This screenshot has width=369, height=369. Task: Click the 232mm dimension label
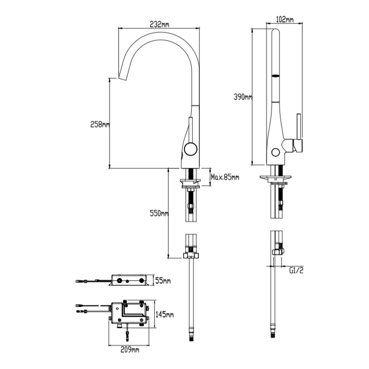point(159,24)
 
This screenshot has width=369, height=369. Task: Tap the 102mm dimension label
point(284,19)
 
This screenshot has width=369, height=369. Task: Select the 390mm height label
point(242,97)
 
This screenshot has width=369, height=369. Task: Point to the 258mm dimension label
point(100,125)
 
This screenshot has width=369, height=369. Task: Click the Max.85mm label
point(225,177)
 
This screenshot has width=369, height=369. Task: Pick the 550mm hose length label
point(159,213)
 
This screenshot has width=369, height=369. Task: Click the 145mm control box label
point(165,314)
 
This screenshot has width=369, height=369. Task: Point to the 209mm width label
point(130,349)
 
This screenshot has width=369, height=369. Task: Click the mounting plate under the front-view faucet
point(191,183)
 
